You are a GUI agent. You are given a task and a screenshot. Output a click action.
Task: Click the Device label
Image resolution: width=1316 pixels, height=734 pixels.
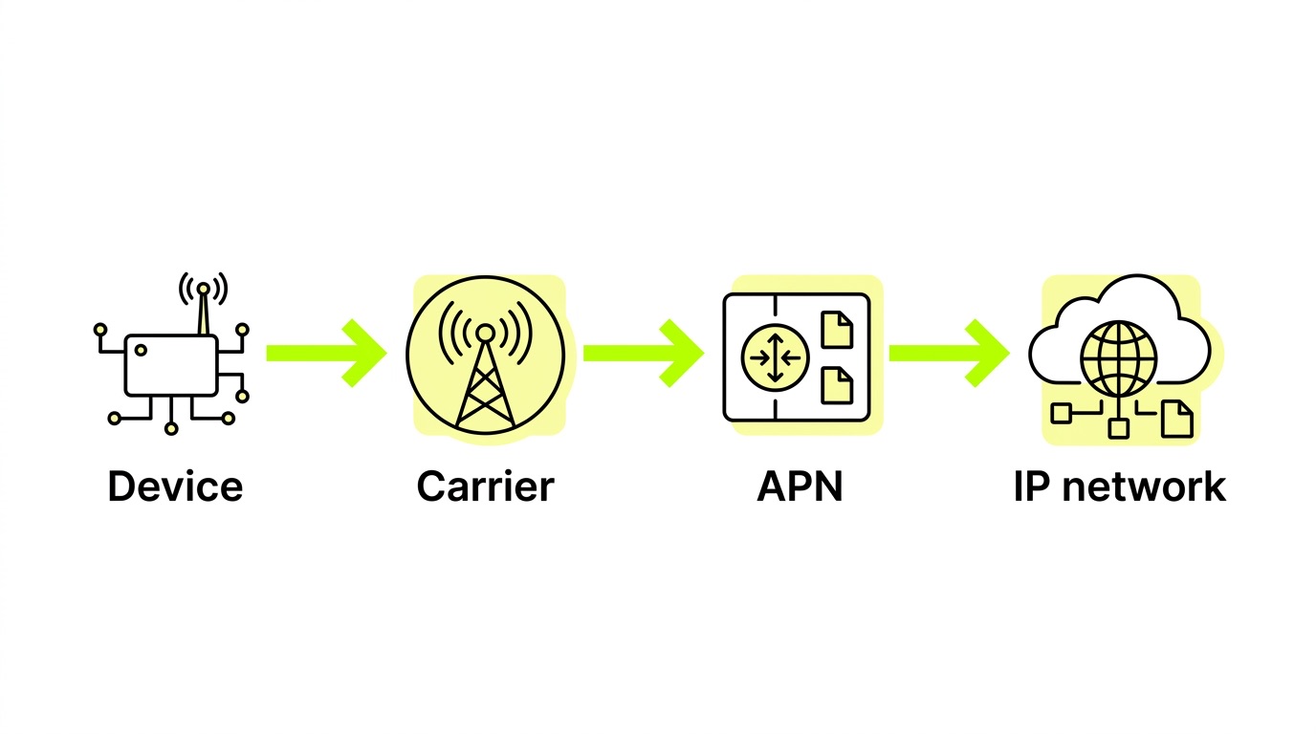pyautogui.click(x=175, y=486)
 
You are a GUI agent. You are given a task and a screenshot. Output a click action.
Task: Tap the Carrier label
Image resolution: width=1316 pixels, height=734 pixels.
pyautogui.click(x=485, y=486)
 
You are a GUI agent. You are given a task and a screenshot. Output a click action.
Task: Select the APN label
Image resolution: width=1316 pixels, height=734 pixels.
pyautogui.click(x=800, y=486)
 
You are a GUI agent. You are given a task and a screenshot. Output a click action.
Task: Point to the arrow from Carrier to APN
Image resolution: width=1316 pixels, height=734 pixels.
pyautogui.click(x=644, y=353)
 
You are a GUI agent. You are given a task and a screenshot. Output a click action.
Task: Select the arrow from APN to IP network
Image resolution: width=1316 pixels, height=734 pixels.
pyautogui.click(x=949, y=353)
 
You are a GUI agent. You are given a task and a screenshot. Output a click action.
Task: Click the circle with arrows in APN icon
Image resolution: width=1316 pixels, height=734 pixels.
pyautogui.click(x=776, y=357)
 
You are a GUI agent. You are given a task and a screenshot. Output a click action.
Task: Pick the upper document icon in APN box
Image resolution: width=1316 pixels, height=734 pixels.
pyautogui.click(x=837, y=330)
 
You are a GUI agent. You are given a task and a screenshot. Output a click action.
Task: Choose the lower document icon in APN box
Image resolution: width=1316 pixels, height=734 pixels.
pyautogui.click(x=837, y=384)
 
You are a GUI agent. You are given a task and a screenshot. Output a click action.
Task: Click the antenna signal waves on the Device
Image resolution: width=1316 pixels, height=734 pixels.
pyautogui.click(x=204, y=287)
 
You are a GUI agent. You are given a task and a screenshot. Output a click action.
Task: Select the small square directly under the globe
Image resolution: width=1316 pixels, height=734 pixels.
pyautogui.click(x=1118, y=428)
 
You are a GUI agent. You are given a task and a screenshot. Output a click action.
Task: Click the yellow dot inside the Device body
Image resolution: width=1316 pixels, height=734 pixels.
pyautogui.click(x=141, y=351)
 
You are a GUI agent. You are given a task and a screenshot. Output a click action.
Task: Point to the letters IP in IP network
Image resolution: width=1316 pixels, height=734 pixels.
pyautogui.click(x=1032, y=486)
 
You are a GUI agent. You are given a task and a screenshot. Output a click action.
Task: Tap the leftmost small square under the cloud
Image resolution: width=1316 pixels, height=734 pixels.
pyautogui.click(x=1061, y=413)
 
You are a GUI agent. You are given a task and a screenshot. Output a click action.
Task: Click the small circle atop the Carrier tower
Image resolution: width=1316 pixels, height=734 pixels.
pyautogui.click(x=486, y=333)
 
